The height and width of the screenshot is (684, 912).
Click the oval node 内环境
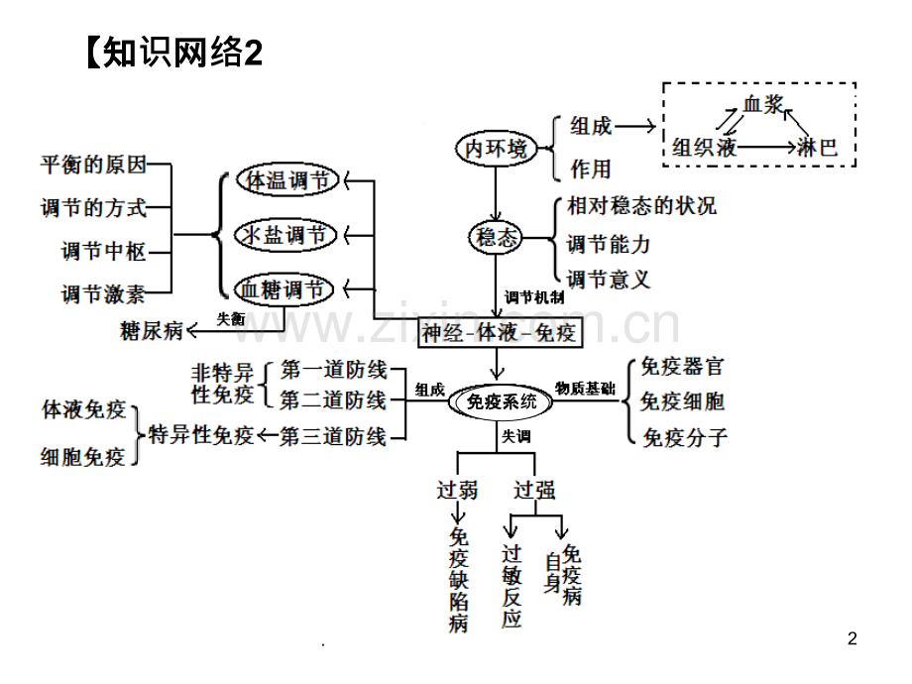(x=496, y=149)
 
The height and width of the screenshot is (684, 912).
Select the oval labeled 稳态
(x=496, y=237)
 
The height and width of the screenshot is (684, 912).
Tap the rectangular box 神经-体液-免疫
(x=501, y=333)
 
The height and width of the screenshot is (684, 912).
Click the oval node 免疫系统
(x=501, y=401)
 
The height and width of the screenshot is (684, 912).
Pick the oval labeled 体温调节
(x=287, y=180)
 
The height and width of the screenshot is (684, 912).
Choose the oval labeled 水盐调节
(x=285, y=236)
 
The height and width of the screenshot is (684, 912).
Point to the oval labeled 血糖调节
(x=284, y=289)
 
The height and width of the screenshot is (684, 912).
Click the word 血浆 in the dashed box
(x=763, y=105)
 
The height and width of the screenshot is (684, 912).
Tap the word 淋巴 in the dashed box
(x=817, y=147)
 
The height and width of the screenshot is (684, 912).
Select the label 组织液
(x=705, y=147)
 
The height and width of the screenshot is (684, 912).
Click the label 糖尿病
(x=152, y=331)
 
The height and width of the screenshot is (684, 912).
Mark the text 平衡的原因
(x=93, y=165)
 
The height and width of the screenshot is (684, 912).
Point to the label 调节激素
(x=103, y=294)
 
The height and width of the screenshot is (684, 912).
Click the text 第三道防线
(x=333, y=436)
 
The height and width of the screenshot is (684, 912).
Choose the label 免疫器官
(x=682, y=367)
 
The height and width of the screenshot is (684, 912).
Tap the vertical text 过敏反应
(x=512, y=586)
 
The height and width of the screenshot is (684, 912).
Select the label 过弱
(x=457, y=490)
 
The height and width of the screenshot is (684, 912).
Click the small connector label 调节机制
(x=534, y=297)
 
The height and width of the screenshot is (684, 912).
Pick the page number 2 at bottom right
(x=853, y=638)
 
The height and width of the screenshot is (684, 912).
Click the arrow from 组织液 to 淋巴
(x=766, y=147)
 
